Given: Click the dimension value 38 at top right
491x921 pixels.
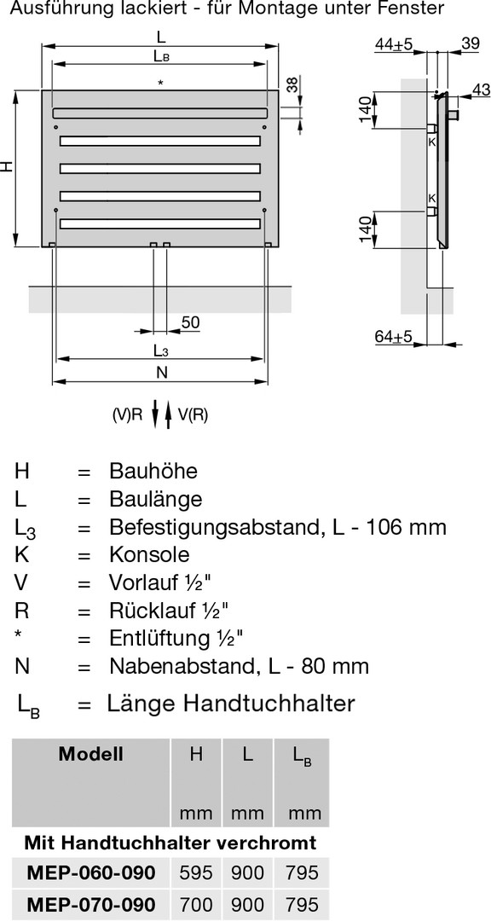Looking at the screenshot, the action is coord(292,86).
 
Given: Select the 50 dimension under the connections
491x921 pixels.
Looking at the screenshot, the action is coord(190,321).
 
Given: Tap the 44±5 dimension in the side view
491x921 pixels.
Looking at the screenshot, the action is coord(395,43).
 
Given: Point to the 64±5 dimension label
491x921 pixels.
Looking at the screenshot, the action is coord(394,337).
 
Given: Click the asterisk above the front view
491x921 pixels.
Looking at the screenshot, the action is coord(159,84).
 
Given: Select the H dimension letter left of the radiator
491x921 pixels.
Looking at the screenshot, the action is coord(7,167).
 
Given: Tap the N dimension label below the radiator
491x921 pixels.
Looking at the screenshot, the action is coord(161,372).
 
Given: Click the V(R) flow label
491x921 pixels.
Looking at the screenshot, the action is coord(193,415).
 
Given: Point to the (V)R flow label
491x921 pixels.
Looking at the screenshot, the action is coord(128,415).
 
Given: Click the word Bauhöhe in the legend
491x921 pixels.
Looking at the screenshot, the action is coord(153,471).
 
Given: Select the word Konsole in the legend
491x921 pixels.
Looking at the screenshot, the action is coord(149,554).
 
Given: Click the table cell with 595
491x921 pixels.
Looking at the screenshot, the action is coord(196,872).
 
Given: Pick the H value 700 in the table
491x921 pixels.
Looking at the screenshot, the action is coord(196,904).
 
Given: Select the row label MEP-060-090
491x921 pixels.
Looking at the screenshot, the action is coord(91,872).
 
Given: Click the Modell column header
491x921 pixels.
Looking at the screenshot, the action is coord(91,754).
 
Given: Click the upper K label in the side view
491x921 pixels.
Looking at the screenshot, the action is coord(432,142).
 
